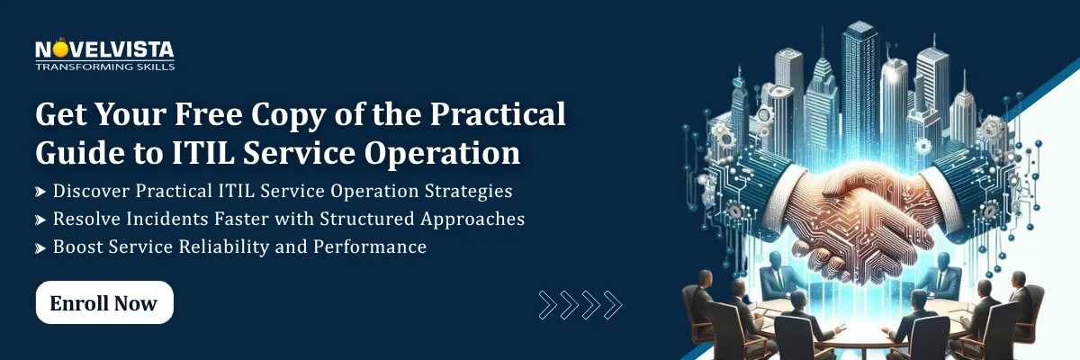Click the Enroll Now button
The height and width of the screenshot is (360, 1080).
coord(104,303)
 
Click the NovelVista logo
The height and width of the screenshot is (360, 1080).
coord(104,52)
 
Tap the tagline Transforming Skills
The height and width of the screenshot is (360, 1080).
coord(104,67)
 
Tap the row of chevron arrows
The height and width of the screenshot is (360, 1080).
coord(580,304)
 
